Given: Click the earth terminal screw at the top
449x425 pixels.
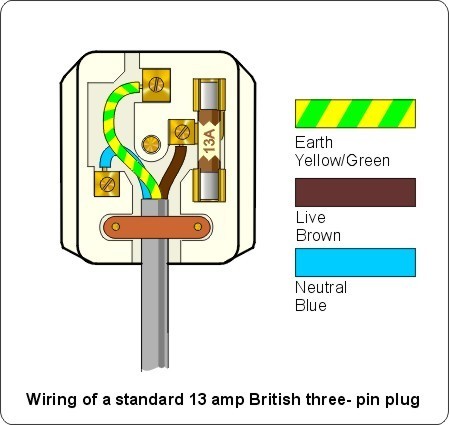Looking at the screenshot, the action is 156,85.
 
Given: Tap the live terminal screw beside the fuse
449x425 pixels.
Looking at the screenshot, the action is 181,132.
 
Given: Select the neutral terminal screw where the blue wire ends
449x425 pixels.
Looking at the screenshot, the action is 107,184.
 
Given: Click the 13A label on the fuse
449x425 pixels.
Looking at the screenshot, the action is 210,141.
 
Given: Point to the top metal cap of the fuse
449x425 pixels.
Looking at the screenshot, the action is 209,94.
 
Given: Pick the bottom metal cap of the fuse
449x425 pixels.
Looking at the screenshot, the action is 209,185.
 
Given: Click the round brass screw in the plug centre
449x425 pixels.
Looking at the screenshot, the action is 151,145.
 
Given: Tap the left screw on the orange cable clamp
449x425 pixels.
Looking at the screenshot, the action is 116,227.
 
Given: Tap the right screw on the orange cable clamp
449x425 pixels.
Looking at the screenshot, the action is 198,227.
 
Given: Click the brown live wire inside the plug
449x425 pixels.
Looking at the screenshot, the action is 174,171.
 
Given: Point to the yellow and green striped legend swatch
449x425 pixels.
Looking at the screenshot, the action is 355,114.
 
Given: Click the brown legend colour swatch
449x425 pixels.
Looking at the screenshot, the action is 355,192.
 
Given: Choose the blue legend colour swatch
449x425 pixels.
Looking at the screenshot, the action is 355,262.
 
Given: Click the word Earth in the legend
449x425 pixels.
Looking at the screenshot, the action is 314,143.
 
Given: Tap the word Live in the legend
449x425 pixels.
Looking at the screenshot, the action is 311,217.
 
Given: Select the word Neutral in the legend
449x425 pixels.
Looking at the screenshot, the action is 321,287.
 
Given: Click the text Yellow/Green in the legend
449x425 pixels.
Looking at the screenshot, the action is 342,161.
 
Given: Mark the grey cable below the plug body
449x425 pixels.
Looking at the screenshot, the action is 154,317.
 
